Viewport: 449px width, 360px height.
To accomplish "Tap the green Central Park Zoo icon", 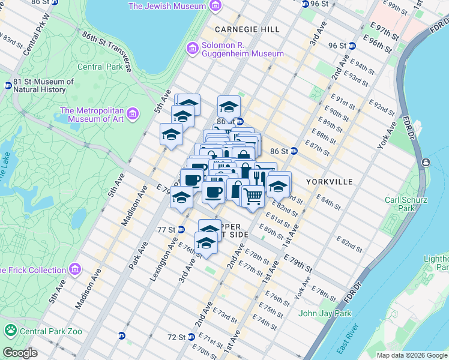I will pos(10,329).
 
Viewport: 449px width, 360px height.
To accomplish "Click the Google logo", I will pos(20,353).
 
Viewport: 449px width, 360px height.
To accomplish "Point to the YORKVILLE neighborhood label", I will pos(328,181).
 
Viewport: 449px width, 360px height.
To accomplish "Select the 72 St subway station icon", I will pos(191,337).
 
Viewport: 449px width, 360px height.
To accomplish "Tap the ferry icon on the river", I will pos(425,163).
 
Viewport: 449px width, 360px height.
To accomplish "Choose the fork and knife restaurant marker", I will pos(259,177).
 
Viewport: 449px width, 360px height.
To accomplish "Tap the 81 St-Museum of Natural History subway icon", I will pos(8,86).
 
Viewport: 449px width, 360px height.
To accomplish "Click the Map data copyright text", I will pos(412,355).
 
